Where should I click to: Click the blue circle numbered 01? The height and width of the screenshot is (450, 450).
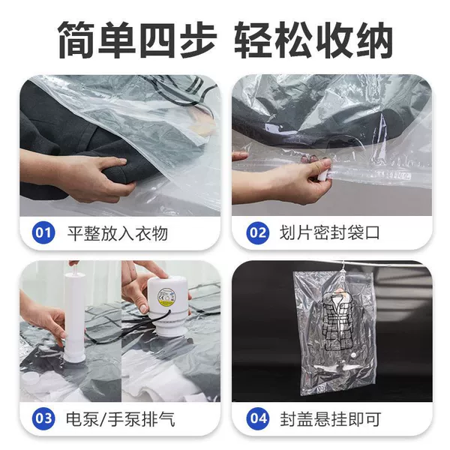coord(43,232)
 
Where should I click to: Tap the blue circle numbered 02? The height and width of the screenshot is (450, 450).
coord(257,232)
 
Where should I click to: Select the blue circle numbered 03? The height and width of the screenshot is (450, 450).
coord(43,418)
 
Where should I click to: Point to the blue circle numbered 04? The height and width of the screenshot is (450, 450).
coord(258,418)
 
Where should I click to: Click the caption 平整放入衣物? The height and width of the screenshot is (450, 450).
coord(118,233)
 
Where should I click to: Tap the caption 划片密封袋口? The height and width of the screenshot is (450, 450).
coord(330,232)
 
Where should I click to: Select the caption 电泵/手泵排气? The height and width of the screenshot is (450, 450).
coord(121,419)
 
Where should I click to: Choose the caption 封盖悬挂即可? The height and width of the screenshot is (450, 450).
coord(331,419)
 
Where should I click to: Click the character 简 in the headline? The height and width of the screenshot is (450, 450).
coord(76,40)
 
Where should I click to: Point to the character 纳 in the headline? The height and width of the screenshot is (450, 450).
coord(373,40)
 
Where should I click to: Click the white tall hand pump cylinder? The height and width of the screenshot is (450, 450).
coord(74,315)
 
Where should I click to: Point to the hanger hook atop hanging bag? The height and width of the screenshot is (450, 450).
coord(343,267)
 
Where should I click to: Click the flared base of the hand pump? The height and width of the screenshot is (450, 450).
coord(74,357)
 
